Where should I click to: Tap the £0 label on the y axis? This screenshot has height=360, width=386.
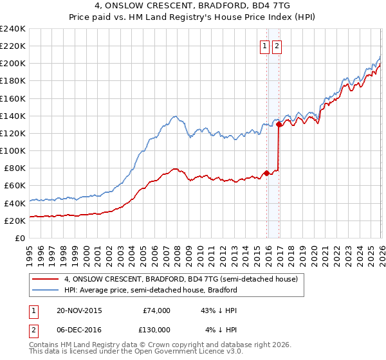pyautogui.click(x=20, y=238)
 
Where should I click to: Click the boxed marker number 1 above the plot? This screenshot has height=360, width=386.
pyautogui.click(x=265, y=46)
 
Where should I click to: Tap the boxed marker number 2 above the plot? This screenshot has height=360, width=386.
pyautogui.click(x=277, y=46)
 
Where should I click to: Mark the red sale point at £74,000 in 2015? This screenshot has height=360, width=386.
pyautogui.click(x=266, y=173)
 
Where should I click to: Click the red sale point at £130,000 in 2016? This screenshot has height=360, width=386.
pyautogui.click(x=279, y=125)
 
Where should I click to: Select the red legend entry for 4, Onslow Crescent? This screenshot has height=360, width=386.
pyautogui.click(x=181, y=280)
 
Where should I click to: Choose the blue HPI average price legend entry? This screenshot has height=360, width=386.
pyautogui.click(x=151, y=290)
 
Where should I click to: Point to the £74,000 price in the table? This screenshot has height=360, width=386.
pyautogui.click(x=156, y=310)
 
